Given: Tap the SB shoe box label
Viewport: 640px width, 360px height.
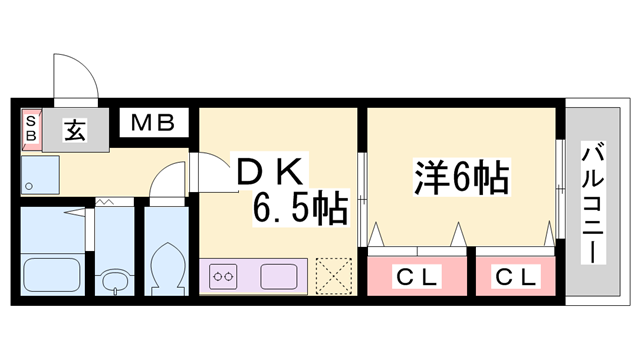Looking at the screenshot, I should [x=30, y=129].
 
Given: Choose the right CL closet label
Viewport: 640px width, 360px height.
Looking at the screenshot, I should [x=517, y=276].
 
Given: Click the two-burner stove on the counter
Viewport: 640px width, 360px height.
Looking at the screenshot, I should [x=223, y=273].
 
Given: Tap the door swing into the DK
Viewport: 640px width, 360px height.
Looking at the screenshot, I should [x=212, y=168].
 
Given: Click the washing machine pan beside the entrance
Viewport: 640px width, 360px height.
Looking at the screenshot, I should [x=39, y=176].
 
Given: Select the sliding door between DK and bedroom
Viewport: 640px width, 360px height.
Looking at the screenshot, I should [x=362, y=200].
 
